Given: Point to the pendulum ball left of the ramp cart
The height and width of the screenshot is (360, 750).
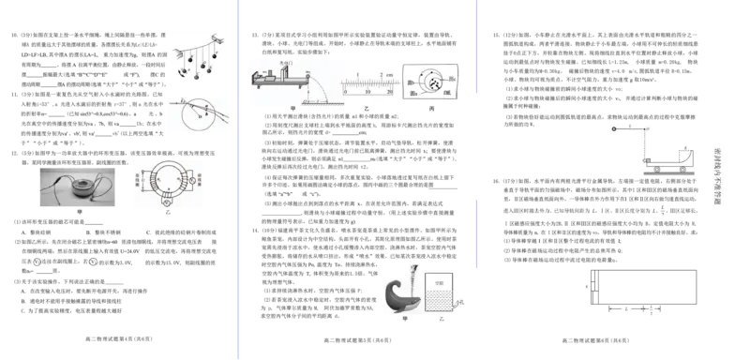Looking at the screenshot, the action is pos(612,126).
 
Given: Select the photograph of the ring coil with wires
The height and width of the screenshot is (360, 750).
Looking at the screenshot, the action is pos(79,187).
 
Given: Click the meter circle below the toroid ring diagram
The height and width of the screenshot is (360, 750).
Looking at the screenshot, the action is pos(166,202).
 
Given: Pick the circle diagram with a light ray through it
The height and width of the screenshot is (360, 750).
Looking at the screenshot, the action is pos(199,112).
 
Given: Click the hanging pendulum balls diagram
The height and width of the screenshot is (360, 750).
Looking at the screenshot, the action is pos(195,56).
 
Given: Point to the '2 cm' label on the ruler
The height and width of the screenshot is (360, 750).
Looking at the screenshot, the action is pos(383,74).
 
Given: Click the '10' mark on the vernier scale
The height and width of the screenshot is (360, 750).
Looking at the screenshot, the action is pos(367,93).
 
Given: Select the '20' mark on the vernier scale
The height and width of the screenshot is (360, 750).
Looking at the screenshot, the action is pos(390,93).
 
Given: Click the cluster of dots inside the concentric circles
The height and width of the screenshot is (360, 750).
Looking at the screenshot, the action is pos(432,82).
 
